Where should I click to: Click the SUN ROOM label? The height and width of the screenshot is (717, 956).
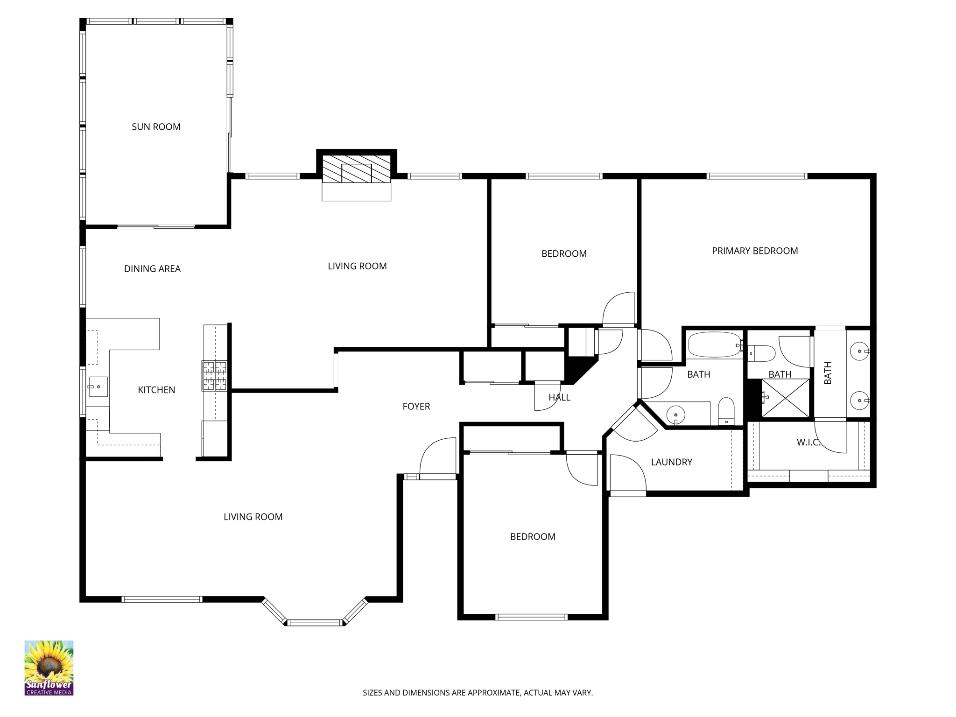click(156, 127)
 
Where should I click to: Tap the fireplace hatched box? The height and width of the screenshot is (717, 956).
click(356, 169)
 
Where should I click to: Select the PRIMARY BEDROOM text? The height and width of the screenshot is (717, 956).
click(754, 251)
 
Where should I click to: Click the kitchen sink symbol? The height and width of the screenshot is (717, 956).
click(98, 387)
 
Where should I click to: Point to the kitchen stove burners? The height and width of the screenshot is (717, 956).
click(214, 375)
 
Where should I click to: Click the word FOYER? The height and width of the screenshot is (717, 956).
click(416, 407)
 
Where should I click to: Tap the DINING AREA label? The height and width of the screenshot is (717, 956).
click(152, 269)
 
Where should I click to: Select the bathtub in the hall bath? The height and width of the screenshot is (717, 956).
click(714, 345)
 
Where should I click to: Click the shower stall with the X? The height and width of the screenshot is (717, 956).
click(786, 398)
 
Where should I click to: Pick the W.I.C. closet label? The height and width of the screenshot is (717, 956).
click(808, 443)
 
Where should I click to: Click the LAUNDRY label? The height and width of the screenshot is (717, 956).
click(671, 462)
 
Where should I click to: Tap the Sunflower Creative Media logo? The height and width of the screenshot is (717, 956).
click(49, 668)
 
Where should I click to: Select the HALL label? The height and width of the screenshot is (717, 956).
click(559, 398)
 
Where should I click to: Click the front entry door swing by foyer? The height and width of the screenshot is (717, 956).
click(438, 457)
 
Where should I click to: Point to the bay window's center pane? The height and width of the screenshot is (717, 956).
click(315, 622)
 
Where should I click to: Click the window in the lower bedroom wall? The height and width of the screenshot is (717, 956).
click(531, 617)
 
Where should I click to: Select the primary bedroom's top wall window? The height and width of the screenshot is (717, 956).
click(756, 176)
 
